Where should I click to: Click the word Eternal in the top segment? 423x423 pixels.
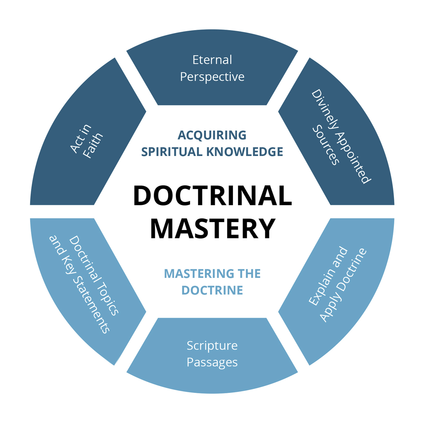tap(212, 60)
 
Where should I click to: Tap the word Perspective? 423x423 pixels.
tap(212, 77)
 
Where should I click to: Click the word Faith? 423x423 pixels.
tap(93, 146)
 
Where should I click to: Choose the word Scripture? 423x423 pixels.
tap(212, 345)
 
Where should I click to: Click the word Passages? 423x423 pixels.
tap(212, 362)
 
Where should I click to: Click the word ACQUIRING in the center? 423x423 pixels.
tap(212, 135)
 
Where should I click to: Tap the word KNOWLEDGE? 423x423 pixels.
tap(245, 152)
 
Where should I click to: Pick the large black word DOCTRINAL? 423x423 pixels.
tap(212, 195)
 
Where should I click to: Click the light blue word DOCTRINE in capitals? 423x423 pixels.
tap(212, 290)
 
